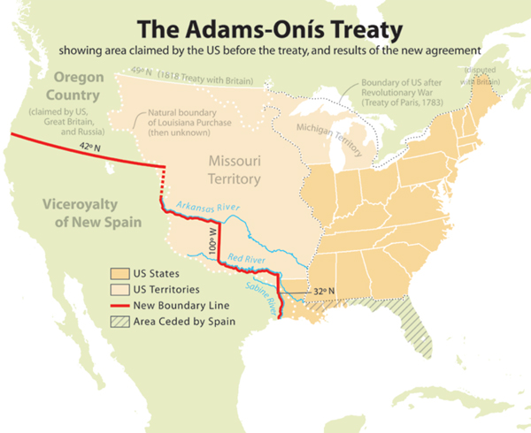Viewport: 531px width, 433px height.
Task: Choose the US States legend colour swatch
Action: pyautogui.click(x=118, y=273)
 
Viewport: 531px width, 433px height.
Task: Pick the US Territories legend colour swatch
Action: pyautogui.click(x=118, y=289)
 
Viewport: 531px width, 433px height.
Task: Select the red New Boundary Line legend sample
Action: pyautogui.click(x=118, y=305)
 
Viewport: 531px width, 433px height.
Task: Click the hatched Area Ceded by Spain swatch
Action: pyautogui.click(x=118, y=322)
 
